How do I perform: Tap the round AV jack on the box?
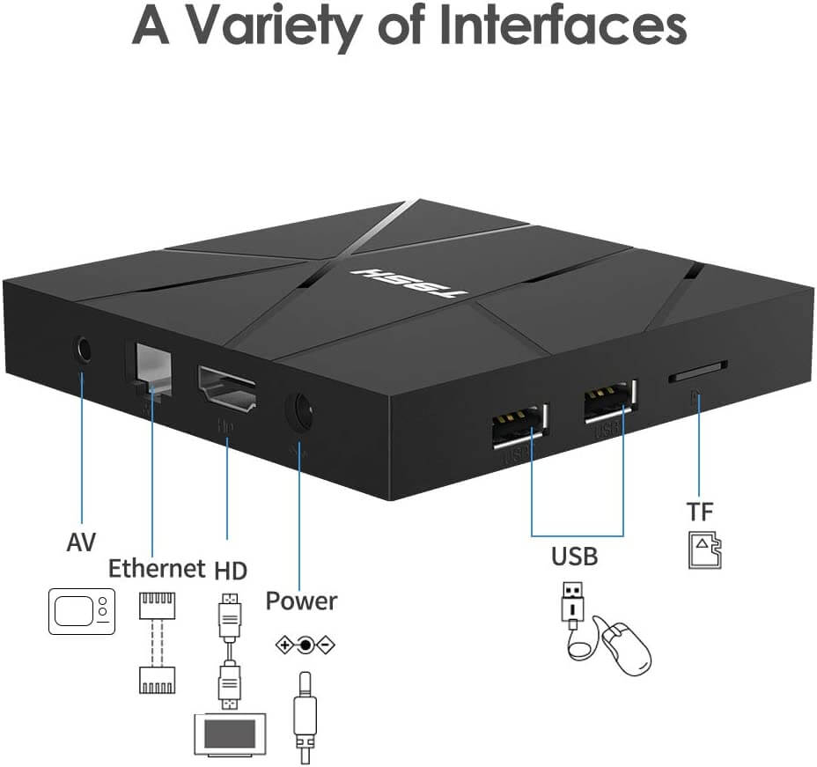(83, 350)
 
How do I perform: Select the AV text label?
(81, 542)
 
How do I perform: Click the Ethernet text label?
(157, 569)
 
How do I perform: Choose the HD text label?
(231, 569)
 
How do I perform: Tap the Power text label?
(301, 601)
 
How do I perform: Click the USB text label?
(574, 557)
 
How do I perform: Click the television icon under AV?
(81, 610)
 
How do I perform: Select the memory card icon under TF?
(704, 551)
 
